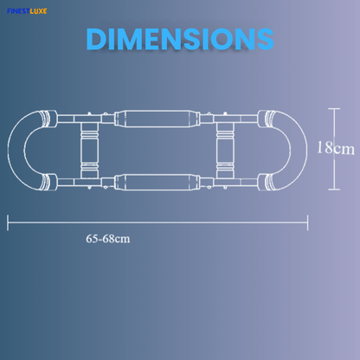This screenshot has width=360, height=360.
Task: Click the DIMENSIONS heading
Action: pyautogui.click(x=180, y=39)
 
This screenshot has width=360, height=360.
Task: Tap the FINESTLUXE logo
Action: pyautogui.click(x=27, y=11)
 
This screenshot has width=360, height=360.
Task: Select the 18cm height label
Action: pyautogui.click(x=336, y=148)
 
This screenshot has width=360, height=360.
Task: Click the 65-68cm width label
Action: pyautogui.click(x=108, y=239)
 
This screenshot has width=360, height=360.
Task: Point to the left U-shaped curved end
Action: pyautogui.click(x=16, y=150)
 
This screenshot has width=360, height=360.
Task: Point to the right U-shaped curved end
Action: pyautogui.click(x=299, y=150)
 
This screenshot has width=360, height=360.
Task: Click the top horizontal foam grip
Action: pyautogui.click(x=157, y=119)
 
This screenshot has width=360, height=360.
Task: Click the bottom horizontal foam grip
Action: pyautogui.click(x=157, y=182)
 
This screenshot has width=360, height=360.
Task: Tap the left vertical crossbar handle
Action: pyautogui.click(x=89, y=151)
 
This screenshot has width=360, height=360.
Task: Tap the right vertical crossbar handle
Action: pyautogui.click(x=225, y=151)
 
